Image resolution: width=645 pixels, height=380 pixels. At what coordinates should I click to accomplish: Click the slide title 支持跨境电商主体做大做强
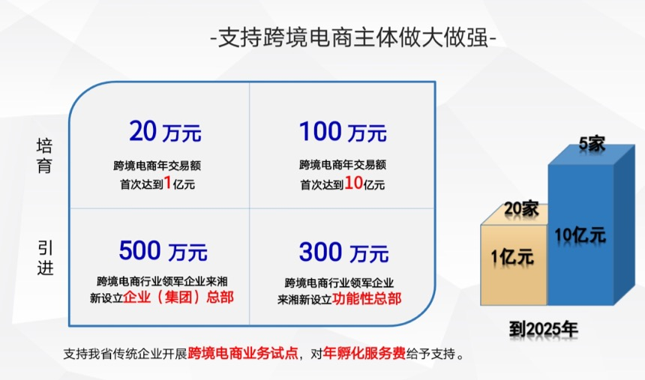pyautogui.click(x=353, y=37)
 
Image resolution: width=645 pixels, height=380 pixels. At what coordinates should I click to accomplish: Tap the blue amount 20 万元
pyautogui.click(x=165, y=131)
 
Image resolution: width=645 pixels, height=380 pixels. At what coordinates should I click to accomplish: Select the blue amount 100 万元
pyautogui.click(x=343, y=131)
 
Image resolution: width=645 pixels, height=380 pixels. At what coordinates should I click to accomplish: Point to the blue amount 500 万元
pyautogui.click(x=163, y=250)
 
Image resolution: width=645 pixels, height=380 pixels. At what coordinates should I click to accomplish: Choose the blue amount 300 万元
pyautogui.click(x=343, y=252)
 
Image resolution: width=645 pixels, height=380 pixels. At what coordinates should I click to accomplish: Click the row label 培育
pyautogui.click(x=44, y=156)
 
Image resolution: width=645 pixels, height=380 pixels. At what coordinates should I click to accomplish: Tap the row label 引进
pyautogui.click(x=45, y=257)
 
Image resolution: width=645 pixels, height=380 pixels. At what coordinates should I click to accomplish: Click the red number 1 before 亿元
pyautogui.click(x=168, y=183)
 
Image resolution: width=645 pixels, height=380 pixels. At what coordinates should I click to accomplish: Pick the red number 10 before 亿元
pyautogui.click(x=353, y=183)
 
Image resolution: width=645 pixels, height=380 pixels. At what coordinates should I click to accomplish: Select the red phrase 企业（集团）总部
pyautogui.click(x=178, y=297)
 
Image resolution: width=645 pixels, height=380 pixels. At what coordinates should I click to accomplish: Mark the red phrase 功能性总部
pyautogui.click(x=367, y=298)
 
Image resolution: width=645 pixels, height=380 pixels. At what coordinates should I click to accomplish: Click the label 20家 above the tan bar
pyautogui.click(x=521, y=208)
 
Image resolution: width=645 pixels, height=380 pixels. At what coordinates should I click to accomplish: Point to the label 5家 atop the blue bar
pyautogui.click(x=592, y=144)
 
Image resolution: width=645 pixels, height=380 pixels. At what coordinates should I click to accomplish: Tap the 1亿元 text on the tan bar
pyautogui.click(x=512, y=257)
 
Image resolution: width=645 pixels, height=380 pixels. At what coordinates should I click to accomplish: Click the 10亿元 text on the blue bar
pyautogui.click(x=580, y=235)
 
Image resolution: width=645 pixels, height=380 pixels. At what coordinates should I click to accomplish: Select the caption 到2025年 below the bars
pyautogui.click(x=544, y=329)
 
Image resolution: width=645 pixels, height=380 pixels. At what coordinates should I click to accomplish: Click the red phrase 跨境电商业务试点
pyautogui.click(x=243, y=353)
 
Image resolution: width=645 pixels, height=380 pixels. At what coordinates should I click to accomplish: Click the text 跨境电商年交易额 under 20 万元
pyautogui.click(x=157, y=166)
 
